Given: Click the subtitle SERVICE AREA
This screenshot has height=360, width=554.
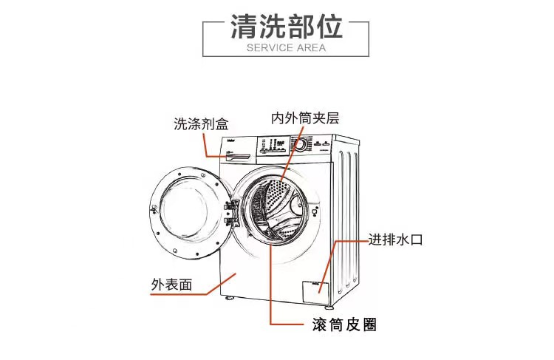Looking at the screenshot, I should (277, 48).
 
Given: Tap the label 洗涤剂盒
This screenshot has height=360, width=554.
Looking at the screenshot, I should (201, 123).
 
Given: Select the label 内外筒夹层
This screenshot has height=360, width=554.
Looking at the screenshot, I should (305, 118).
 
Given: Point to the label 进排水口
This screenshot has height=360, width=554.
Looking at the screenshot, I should (395, 240).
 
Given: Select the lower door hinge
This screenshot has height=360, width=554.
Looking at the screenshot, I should (228, 221).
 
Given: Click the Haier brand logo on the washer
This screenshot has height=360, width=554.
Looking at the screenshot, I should (230, 139).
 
